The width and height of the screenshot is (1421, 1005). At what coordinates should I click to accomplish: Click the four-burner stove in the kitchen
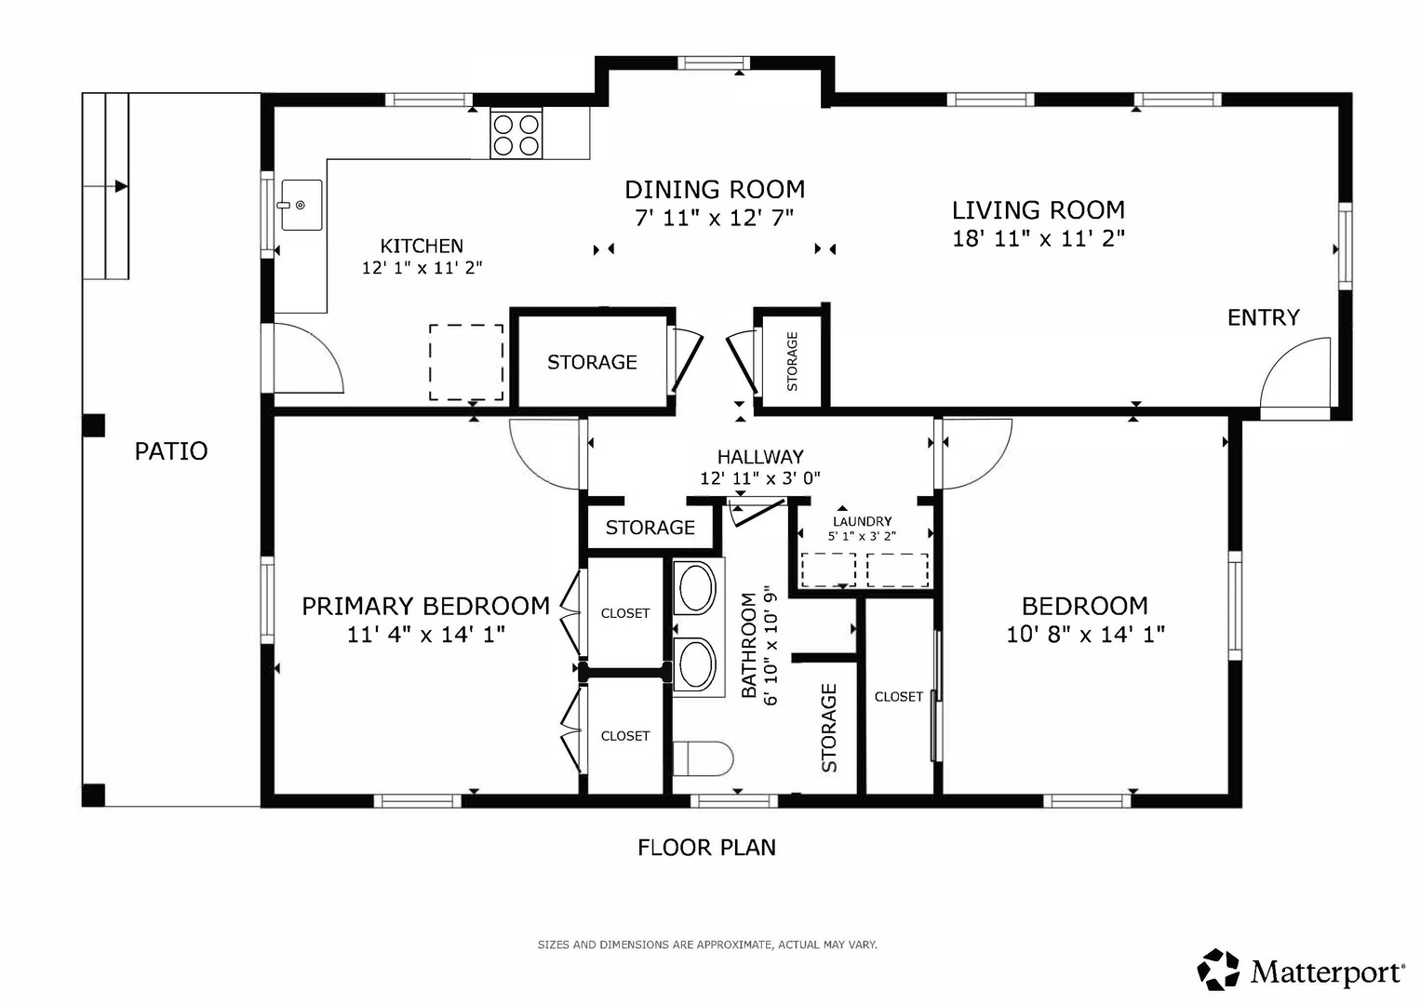pos(516,133)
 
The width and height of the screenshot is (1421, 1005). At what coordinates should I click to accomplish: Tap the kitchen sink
pos(302,205)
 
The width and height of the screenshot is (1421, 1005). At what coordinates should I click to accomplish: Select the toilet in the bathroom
pos(703,758)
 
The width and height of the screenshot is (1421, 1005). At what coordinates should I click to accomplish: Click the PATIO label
pos(171,451)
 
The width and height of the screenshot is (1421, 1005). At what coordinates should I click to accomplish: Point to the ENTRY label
pos(1263,317)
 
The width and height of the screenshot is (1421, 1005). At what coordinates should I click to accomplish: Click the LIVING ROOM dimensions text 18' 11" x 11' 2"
pos(1039,238)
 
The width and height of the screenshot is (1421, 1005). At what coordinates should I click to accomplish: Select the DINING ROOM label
pos(715,190)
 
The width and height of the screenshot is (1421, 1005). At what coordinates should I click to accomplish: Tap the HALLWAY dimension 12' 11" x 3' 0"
pos(760,477)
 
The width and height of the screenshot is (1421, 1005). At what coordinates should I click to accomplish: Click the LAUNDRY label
pos(862,521)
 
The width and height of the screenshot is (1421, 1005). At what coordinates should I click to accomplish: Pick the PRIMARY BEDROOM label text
pos(425,606)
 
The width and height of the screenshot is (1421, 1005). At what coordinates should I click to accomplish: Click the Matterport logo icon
pos(1218,970)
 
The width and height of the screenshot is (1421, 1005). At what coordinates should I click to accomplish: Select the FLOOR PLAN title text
pos(706,848)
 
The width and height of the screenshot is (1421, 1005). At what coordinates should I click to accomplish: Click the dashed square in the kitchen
pos(466,362)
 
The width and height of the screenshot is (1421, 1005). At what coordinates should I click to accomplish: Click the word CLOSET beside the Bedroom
pos(898,697)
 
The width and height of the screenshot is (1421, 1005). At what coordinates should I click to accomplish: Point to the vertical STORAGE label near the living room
pos(792,361)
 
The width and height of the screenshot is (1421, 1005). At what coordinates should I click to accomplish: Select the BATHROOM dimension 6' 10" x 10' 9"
pos(771,645)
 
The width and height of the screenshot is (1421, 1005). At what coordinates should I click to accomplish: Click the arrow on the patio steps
pos(121,186)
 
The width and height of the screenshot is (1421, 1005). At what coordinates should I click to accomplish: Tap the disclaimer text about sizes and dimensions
pos(707,945)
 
